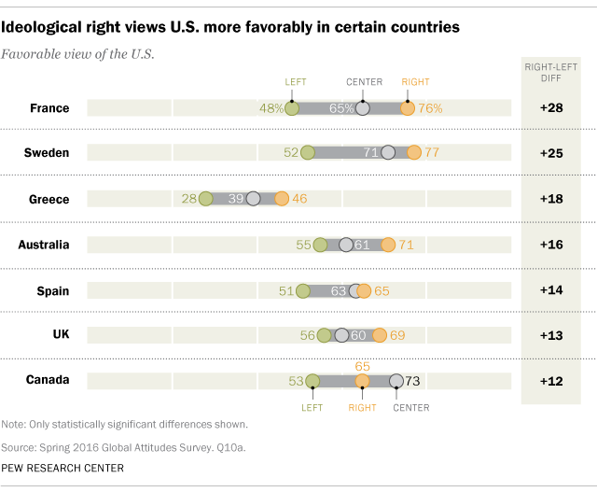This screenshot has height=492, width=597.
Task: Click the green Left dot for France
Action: tap(292, 108)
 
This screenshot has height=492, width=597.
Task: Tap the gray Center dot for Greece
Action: tap(253, 199)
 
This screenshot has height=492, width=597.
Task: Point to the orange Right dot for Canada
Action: tap(363, 381)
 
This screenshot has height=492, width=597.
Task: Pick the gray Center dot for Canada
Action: tap(396, 381)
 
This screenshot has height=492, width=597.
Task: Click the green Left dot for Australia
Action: tap(320, 245)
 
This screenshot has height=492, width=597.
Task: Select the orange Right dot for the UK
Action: tap(380, 335)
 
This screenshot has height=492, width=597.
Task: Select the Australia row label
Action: tap(43, 245)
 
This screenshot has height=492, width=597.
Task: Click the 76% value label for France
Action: tap(430, 108)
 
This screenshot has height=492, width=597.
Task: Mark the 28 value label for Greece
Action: tap(190, 199)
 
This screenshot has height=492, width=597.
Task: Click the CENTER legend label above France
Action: tap(364, 82)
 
